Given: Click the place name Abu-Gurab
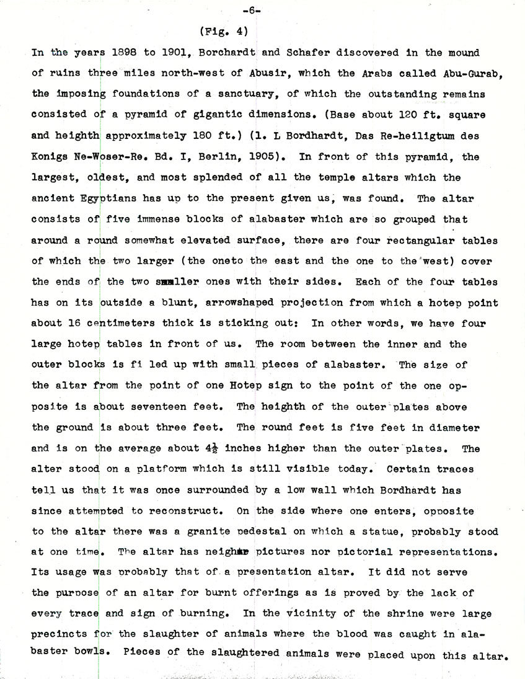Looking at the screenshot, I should coord(472,73).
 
